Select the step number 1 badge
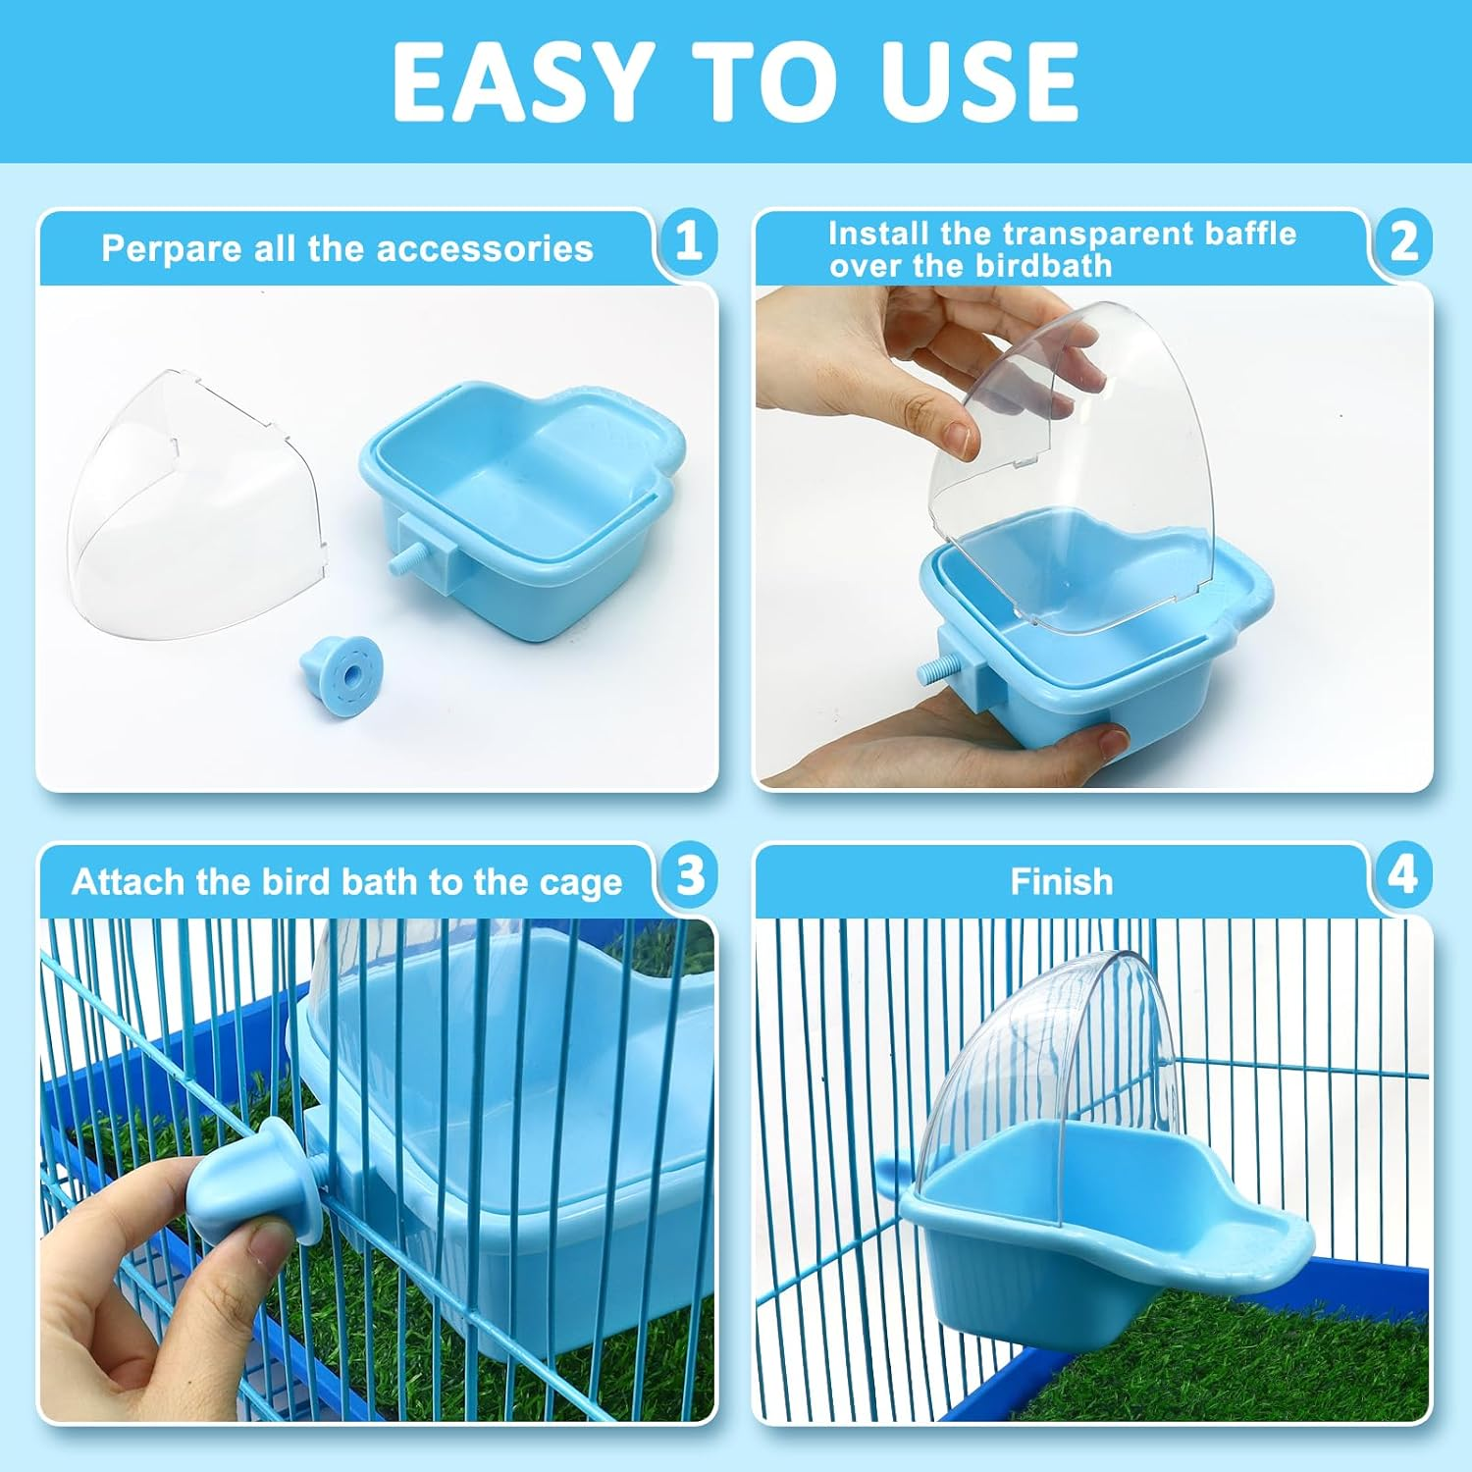point(688,241)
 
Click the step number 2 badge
point(1403,241)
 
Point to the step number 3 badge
point(690,874)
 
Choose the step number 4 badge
point(1402,874)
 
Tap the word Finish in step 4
point(1062,882)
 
